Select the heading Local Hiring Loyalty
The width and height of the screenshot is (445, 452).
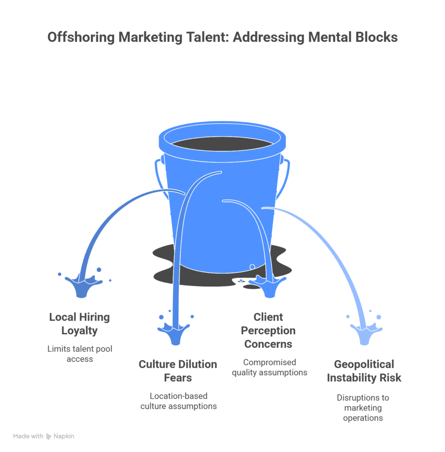[x=79, y=324]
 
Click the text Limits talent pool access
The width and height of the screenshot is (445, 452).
[x=80, y=354]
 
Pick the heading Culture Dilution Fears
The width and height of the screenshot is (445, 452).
[x=178, y=371]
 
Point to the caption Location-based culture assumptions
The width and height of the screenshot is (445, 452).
[x=178, y=401]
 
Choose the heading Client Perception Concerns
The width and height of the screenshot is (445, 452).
[x=268, y=330]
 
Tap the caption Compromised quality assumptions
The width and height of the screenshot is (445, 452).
[x=269, y=367]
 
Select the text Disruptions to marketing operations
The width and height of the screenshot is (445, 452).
[x=363, y=407]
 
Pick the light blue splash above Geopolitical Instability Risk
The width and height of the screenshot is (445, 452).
[x=365, y=332]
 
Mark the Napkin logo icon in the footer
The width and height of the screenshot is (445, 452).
[x=49, y=436]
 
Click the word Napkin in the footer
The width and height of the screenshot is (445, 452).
[x=64, y=436]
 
